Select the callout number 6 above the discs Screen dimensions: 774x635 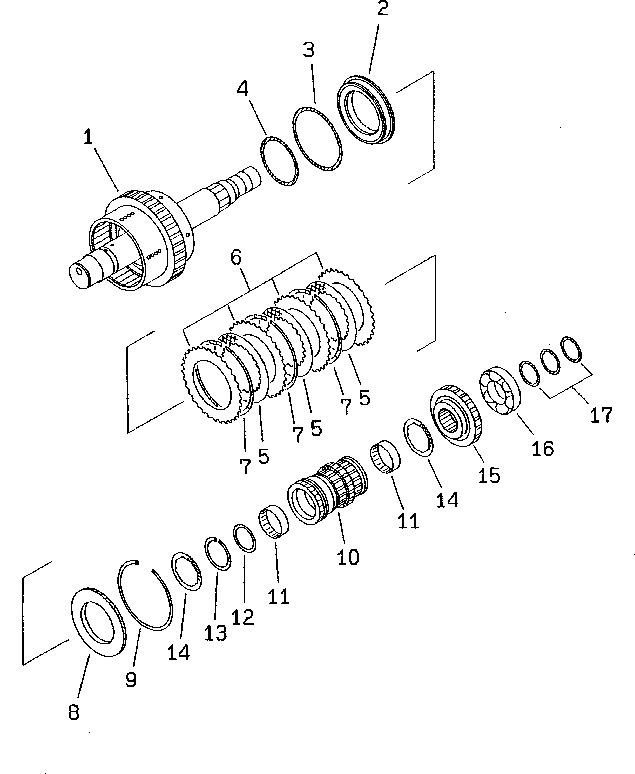coord(236,258)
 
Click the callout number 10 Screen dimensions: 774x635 coord(348,557)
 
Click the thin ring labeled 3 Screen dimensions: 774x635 coord(318,139)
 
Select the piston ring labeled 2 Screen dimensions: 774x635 coord(366,110)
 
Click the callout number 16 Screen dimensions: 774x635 coord(543,448)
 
